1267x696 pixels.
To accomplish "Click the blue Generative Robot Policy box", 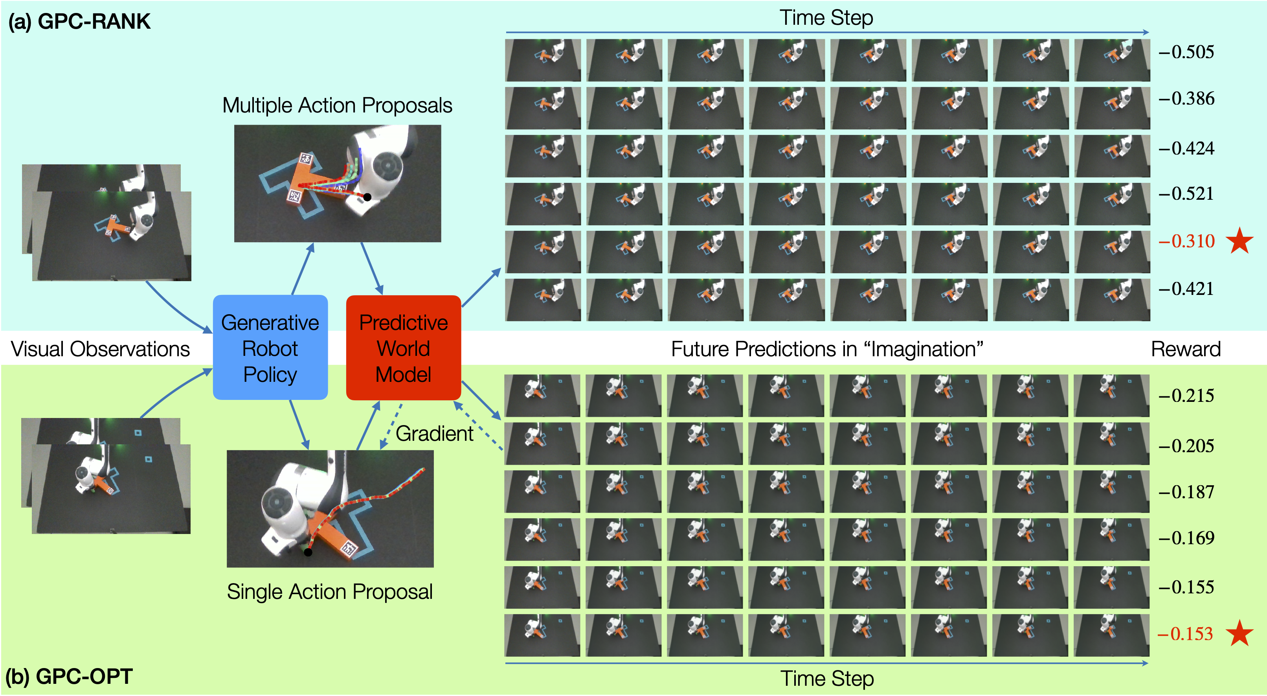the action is [270, 348].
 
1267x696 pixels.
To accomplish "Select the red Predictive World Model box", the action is [403, 348].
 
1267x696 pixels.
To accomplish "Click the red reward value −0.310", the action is [1186, 241].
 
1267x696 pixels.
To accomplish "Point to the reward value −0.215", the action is [1186, 396].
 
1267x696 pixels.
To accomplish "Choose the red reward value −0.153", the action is [1185, 634].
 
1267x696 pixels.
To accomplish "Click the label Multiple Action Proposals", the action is [338, 105].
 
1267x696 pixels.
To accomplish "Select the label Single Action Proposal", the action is [330, 592].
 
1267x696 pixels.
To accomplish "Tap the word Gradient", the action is [434, 434].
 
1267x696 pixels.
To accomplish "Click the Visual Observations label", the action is [100, 349].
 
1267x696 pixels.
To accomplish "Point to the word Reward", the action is [1186, 349].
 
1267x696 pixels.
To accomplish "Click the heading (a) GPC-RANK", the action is [79, 22].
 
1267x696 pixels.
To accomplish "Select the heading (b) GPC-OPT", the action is [69, 677].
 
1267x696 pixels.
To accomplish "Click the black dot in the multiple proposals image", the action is [367, 197].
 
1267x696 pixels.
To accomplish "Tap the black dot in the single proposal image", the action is [308, 552].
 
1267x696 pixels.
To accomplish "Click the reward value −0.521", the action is [1186, 194].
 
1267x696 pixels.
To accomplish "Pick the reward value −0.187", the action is [1186, 492].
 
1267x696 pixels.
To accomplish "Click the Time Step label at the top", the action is [826, 18].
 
